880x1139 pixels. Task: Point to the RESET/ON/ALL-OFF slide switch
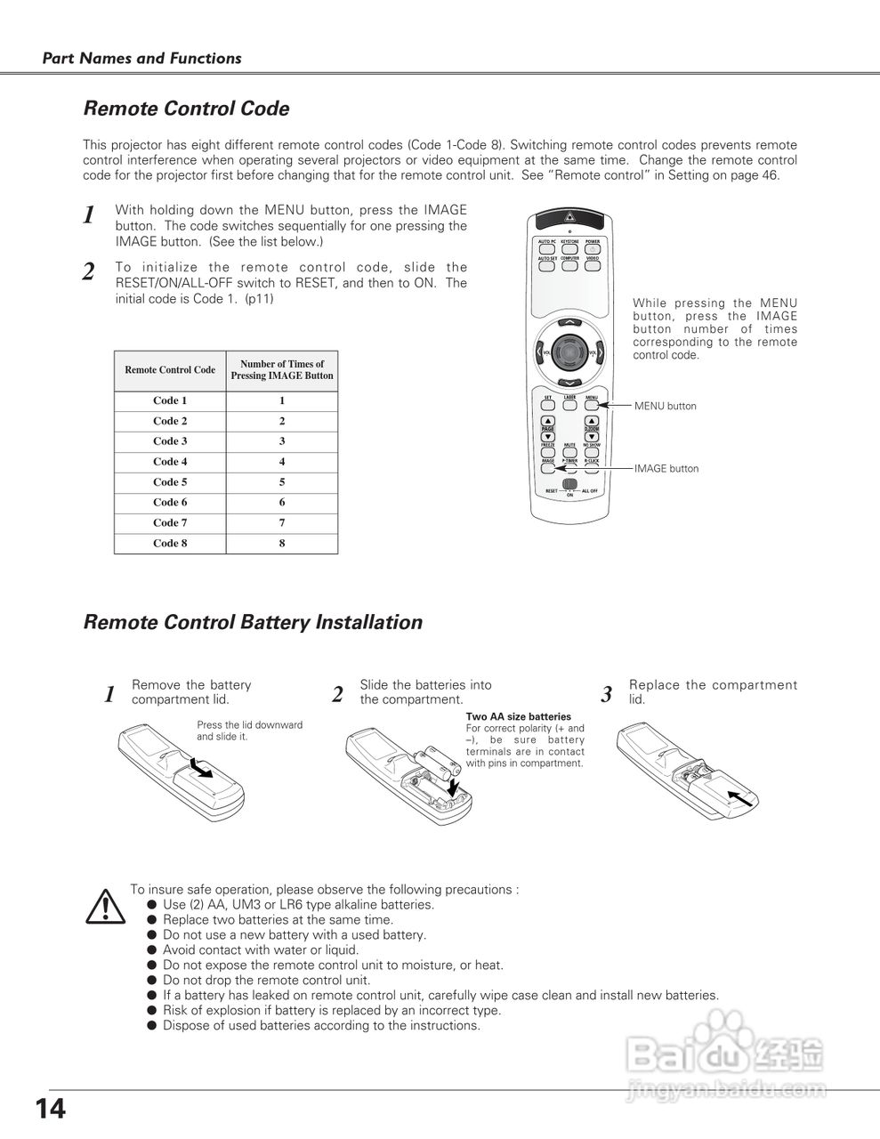[570, 486]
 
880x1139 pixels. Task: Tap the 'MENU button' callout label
[666, 407]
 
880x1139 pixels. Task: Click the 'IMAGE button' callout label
[666, 469]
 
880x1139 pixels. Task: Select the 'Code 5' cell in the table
[170, 482]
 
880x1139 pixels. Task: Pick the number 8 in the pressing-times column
[282, 544]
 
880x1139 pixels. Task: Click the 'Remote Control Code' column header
[170, 370]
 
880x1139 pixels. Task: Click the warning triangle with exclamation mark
[104, 905]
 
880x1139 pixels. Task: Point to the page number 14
[51, 1110]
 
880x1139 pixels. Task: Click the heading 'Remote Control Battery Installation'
[253, 623]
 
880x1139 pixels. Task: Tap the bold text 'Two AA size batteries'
[519, 716]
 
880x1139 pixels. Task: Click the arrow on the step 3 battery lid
[740, 797]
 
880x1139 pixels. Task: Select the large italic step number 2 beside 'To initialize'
[88, 272]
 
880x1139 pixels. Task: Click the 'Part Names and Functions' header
[142, 59]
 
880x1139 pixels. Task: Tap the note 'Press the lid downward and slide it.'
[249, 731]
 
